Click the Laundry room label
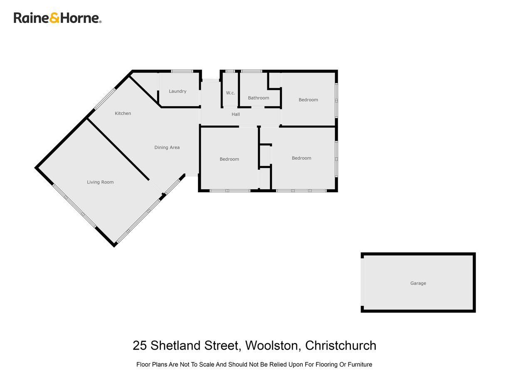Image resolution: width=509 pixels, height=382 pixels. (178, 92)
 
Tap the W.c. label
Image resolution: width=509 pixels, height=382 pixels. (230, 93)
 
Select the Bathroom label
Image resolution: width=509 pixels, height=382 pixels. (258, 98)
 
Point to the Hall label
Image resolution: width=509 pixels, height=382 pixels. (236, 114)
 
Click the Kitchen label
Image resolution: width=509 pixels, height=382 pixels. (123, 113)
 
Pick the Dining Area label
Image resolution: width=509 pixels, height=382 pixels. (167, 147)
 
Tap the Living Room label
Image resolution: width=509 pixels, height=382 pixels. (100, 182)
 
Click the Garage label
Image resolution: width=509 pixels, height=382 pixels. (418, 283)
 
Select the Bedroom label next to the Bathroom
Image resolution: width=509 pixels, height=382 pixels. (308, 100)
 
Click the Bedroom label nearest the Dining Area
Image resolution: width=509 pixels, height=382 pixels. (229, 159)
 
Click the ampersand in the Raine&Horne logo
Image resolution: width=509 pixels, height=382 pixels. (54, 18)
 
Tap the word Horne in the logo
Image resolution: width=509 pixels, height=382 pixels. (80, 18)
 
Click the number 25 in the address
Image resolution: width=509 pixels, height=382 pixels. (140, 345)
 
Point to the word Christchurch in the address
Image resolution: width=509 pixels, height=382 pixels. (341, 345)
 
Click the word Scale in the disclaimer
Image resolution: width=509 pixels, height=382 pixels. (206, 365)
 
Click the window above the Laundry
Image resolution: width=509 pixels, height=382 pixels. (182, 71)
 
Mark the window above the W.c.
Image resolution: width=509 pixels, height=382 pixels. (230, 71)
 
